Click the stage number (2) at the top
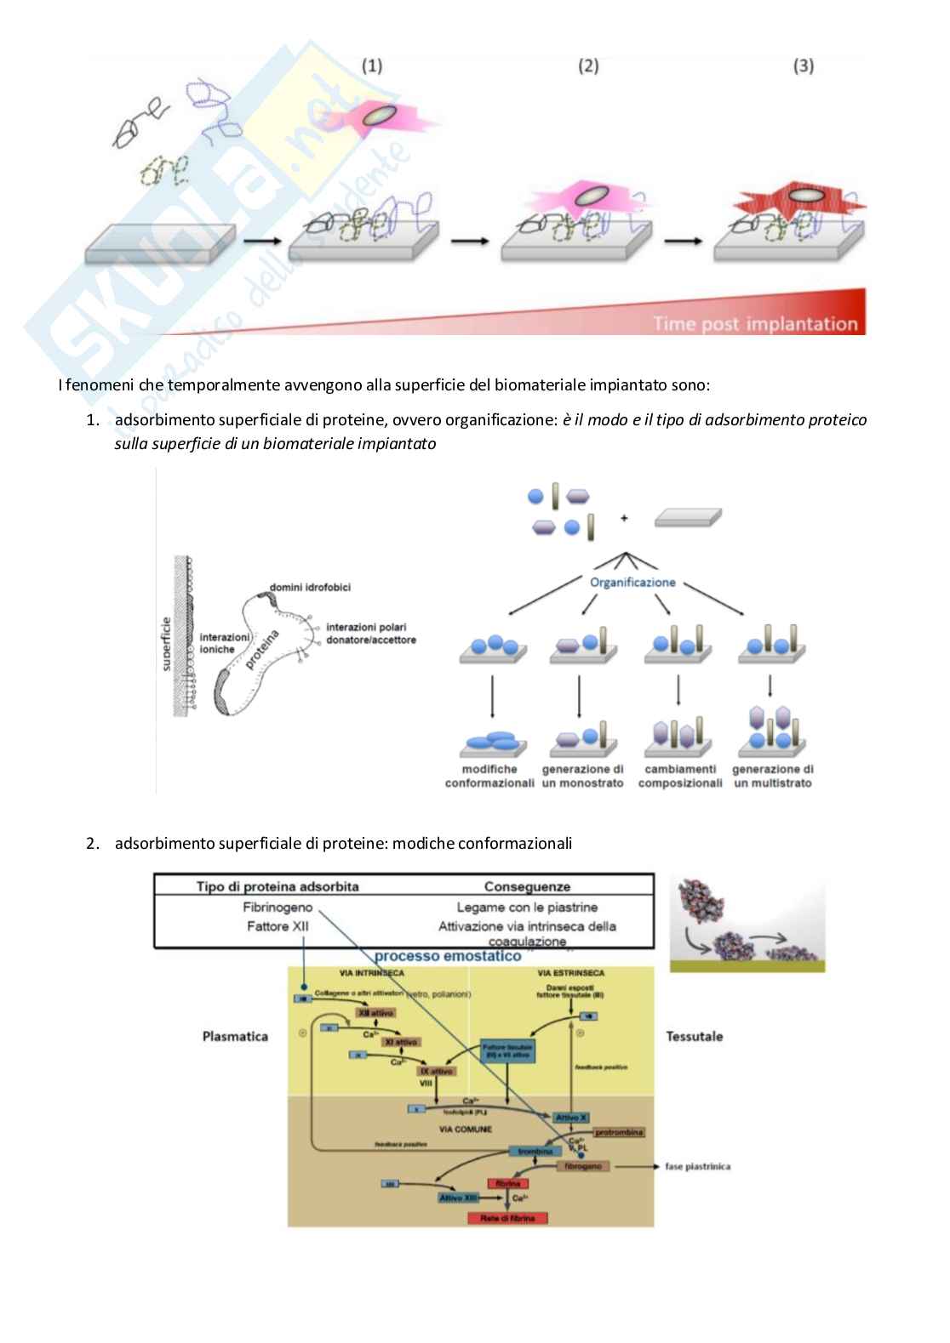pyautogui.click(x=588, y=65)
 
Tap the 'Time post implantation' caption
pyautogui.click(x=754, y=324)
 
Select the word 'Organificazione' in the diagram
pyautogui.click(x=632, y=583)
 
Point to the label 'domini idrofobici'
pyautogui.click(x=310, y=588)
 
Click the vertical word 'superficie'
pyautogui.click(x=166, y=644)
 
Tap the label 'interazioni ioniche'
pyautogui.click(x=224, y=643)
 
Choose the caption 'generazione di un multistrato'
pyautogui.click(x=773, y=776)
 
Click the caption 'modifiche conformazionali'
pyautogui.click(x=489, y=776)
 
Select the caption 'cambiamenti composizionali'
pyautogui.click(x=680, y=776)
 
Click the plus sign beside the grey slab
pyautogui.click(x=624, y=517)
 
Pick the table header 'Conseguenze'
pyautogui.click(x=527, y=886)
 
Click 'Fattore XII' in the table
pyautogui.click(x=278, y=926)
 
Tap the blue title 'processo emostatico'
pyautogui.click(x=448, y=956)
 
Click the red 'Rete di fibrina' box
pyautogui.click(x=507, y=1218)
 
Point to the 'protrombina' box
pyautogui.click(x=619, y=1132)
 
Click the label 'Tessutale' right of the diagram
pyautogui.click(x=694, y=1036)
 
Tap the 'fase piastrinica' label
pyautogui.click(x=697, y=1166)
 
